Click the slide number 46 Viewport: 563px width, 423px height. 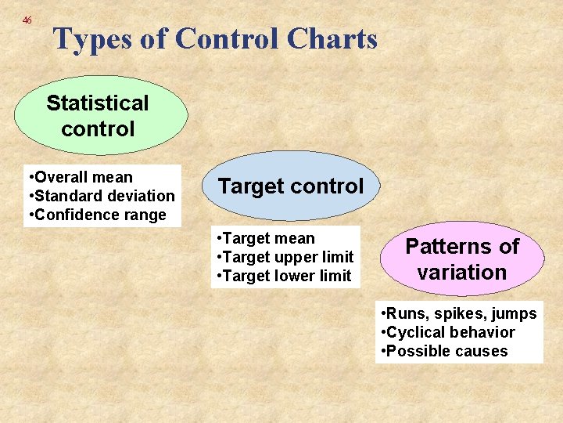click(x=27, y=20)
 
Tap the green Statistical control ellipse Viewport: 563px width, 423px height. click(x=101, y=116)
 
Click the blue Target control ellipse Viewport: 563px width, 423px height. click(x=291, y=186)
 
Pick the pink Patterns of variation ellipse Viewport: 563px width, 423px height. click(x=461, y=259)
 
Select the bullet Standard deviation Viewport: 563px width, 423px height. click(x=101, y=196)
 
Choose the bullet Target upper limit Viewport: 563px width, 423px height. click(x=284, y=257)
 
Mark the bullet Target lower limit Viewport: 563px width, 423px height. click(x=283, y=276)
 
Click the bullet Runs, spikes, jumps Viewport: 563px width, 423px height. click(x=458, y=313)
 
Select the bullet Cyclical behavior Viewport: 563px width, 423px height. click(x=447, y=332)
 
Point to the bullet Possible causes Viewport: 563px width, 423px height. click(x=444, y=351)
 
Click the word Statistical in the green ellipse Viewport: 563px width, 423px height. click(x=98, y=103)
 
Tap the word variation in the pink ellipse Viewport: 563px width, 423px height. click(x=462, y=273)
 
